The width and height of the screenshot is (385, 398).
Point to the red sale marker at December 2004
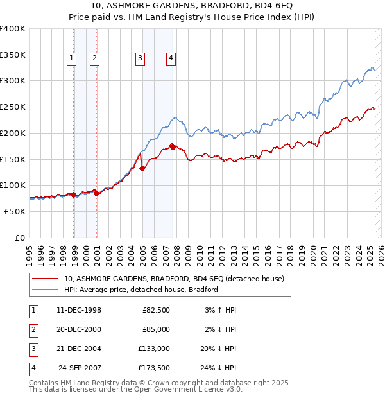click(x=142, y=169)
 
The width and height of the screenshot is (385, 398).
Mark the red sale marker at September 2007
click(x=173, y=147)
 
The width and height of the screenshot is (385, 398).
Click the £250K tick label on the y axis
click(x=13, y=107)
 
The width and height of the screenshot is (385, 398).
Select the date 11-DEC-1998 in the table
click(x=79, y=310)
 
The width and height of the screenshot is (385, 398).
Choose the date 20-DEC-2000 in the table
click(x=79, y=329)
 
